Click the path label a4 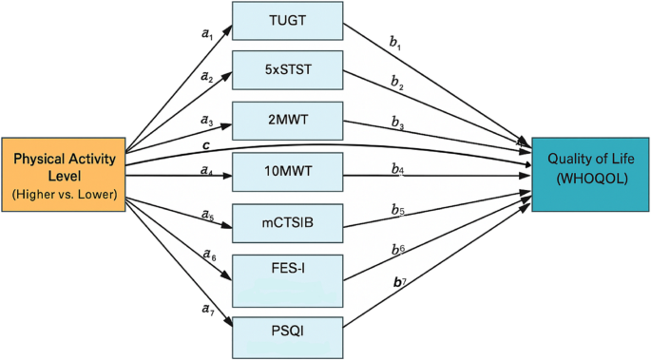(x=206, y=170)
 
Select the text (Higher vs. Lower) (x=63, y=194)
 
